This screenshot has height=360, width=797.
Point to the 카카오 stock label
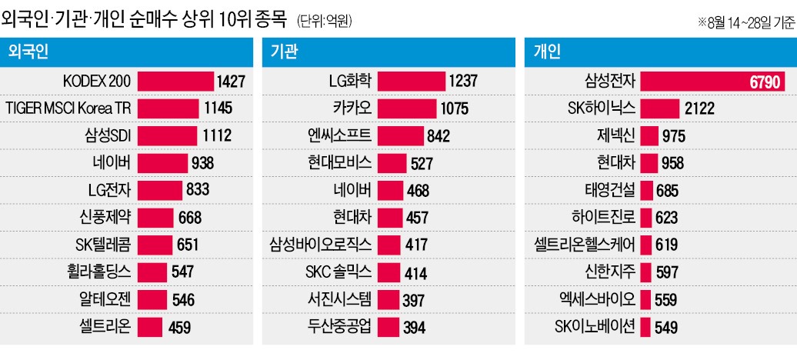pos(352,107)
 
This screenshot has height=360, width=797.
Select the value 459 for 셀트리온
pos(178,327)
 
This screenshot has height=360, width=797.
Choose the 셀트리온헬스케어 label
pos(585,245)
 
